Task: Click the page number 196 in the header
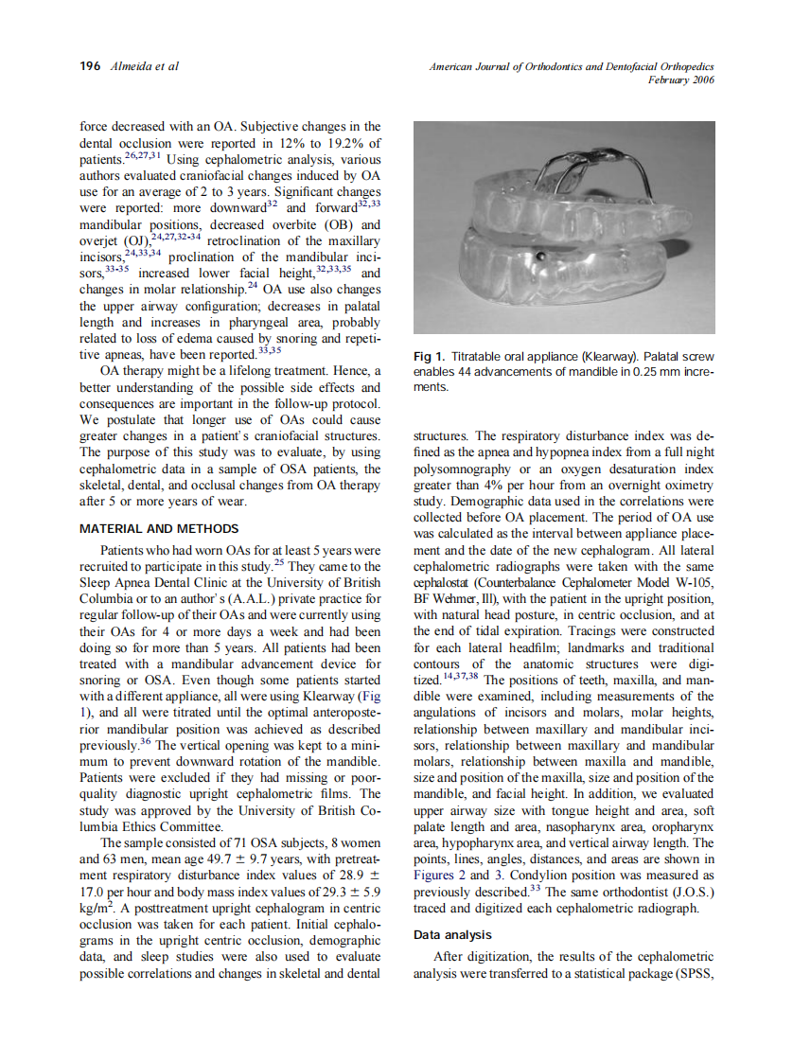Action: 91,66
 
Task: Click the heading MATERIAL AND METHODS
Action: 159,529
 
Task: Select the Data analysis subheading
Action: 453,934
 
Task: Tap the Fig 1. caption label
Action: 430,357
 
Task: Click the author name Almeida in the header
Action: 132,66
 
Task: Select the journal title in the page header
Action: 571,66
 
